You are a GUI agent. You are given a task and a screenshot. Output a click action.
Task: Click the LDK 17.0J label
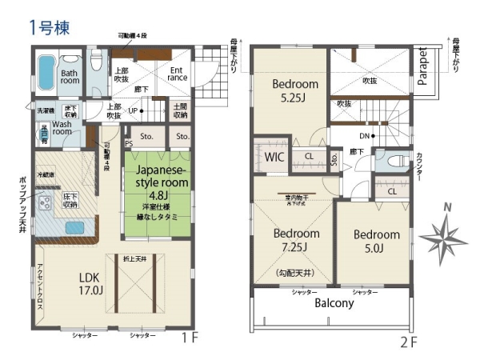(x=90, y=283)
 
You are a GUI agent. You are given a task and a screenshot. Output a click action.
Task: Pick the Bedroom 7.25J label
(x=296, y=241)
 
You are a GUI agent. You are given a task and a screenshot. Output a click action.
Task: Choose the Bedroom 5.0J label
(x=376, y=241)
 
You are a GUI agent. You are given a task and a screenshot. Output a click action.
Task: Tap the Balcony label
(x=334, y=304)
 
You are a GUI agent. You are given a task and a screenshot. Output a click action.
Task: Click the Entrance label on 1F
(x=178, y=74)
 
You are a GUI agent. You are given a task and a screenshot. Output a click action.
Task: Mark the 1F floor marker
(x=189, y=338)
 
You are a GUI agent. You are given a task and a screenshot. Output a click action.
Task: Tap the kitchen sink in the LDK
(x=76, y=227)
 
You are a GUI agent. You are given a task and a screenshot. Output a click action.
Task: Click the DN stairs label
(x=365, y=137)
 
